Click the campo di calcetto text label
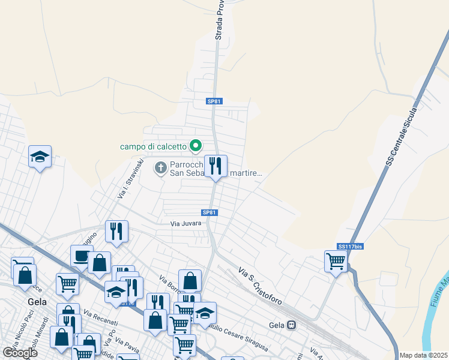[153, 146]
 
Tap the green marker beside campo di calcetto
[195, 145]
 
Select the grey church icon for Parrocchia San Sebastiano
[160, 167]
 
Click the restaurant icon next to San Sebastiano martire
[215, 166]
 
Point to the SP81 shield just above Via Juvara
[209, 212]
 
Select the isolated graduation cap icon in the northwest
[40, 157]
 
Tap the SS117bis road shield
[351, 246]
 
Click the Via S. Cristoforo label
[260, 286]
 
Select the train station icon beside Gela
[292, 325]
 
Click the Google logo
[20, 353]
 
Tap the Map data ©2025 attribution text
[424, 355]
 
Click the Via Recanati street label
[97, 317]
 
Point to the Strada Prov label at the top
[219, 20]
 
